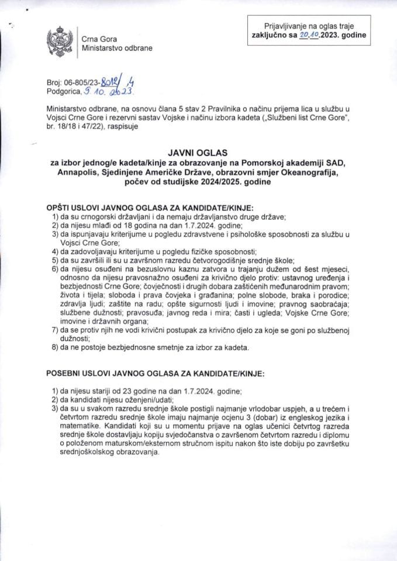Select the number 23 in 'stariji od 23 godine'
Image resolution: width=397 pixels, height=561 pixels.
pos(130,390)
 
